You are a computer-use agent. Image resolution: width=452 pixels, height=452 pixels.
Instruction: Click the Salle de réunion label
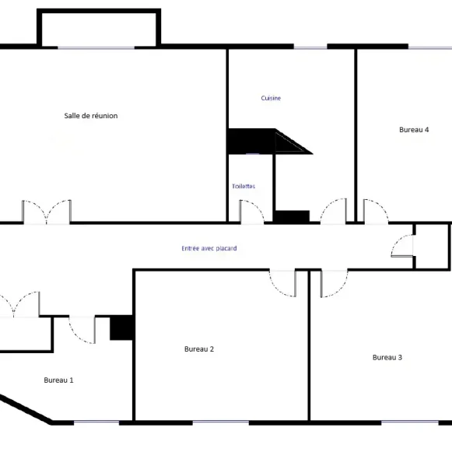point(91,116)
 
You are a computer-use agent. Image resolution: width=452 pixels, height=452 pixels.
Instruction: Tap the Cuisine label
point(271,98)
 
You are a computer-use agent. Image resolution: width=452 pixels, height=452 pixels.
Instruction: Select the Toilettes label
point(244,186)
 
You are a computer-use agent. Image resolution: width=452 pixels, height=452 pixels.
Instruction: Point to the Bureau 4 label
point(414,130)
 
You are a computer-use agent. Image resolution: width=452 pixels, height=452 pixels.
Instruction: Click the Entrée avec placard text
point(209,248)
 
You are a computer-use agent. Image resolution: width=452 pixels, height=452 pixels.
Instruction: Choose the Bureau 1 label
point(58,380)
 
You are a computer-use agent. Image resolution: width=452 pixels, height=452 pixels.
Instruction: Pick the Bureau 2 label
point(199,349)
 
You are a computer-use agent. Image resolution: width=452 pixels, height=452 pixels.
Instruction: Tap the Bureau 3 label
point(387,357)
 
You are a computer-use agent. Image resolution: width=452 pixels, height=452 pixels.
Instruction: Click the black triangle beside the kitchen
point(291,142)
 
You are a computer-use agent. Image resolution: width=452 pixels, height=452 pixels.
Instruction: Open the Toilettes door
point(251,212)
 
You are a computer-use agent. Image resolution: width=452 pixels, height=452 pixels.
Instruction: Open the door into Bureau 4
point(376,212)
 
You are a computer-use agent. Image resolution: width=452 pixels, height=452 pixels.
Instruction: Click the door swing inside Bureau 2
point(282,284)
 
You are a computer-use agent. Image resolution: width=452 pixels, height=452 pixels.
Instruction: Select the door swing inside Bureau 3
point(335,284)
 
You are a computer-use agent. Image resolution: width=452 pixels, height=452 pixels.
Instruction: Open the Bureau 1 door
point(82,330)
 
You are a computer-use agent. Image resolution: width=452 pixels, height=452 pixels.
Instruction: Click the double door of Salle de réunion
point(47,212)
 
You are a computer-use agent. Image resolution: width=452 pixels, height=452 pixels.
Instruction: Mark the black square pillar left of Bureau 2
point(121,328)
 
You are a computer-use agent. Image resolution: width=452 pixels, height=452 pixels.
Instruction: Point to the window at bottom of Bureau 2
point(220,422)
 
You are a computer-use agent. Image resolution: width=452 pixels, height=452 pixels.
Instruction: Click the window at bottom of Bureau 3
point(410,422)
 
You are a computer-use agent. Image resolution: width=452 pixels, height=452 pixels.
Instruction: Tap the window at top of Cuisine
point(310,47)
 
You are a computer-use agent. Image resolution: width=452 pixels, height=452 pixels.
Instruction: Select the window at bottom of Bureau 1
point(96,422)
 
